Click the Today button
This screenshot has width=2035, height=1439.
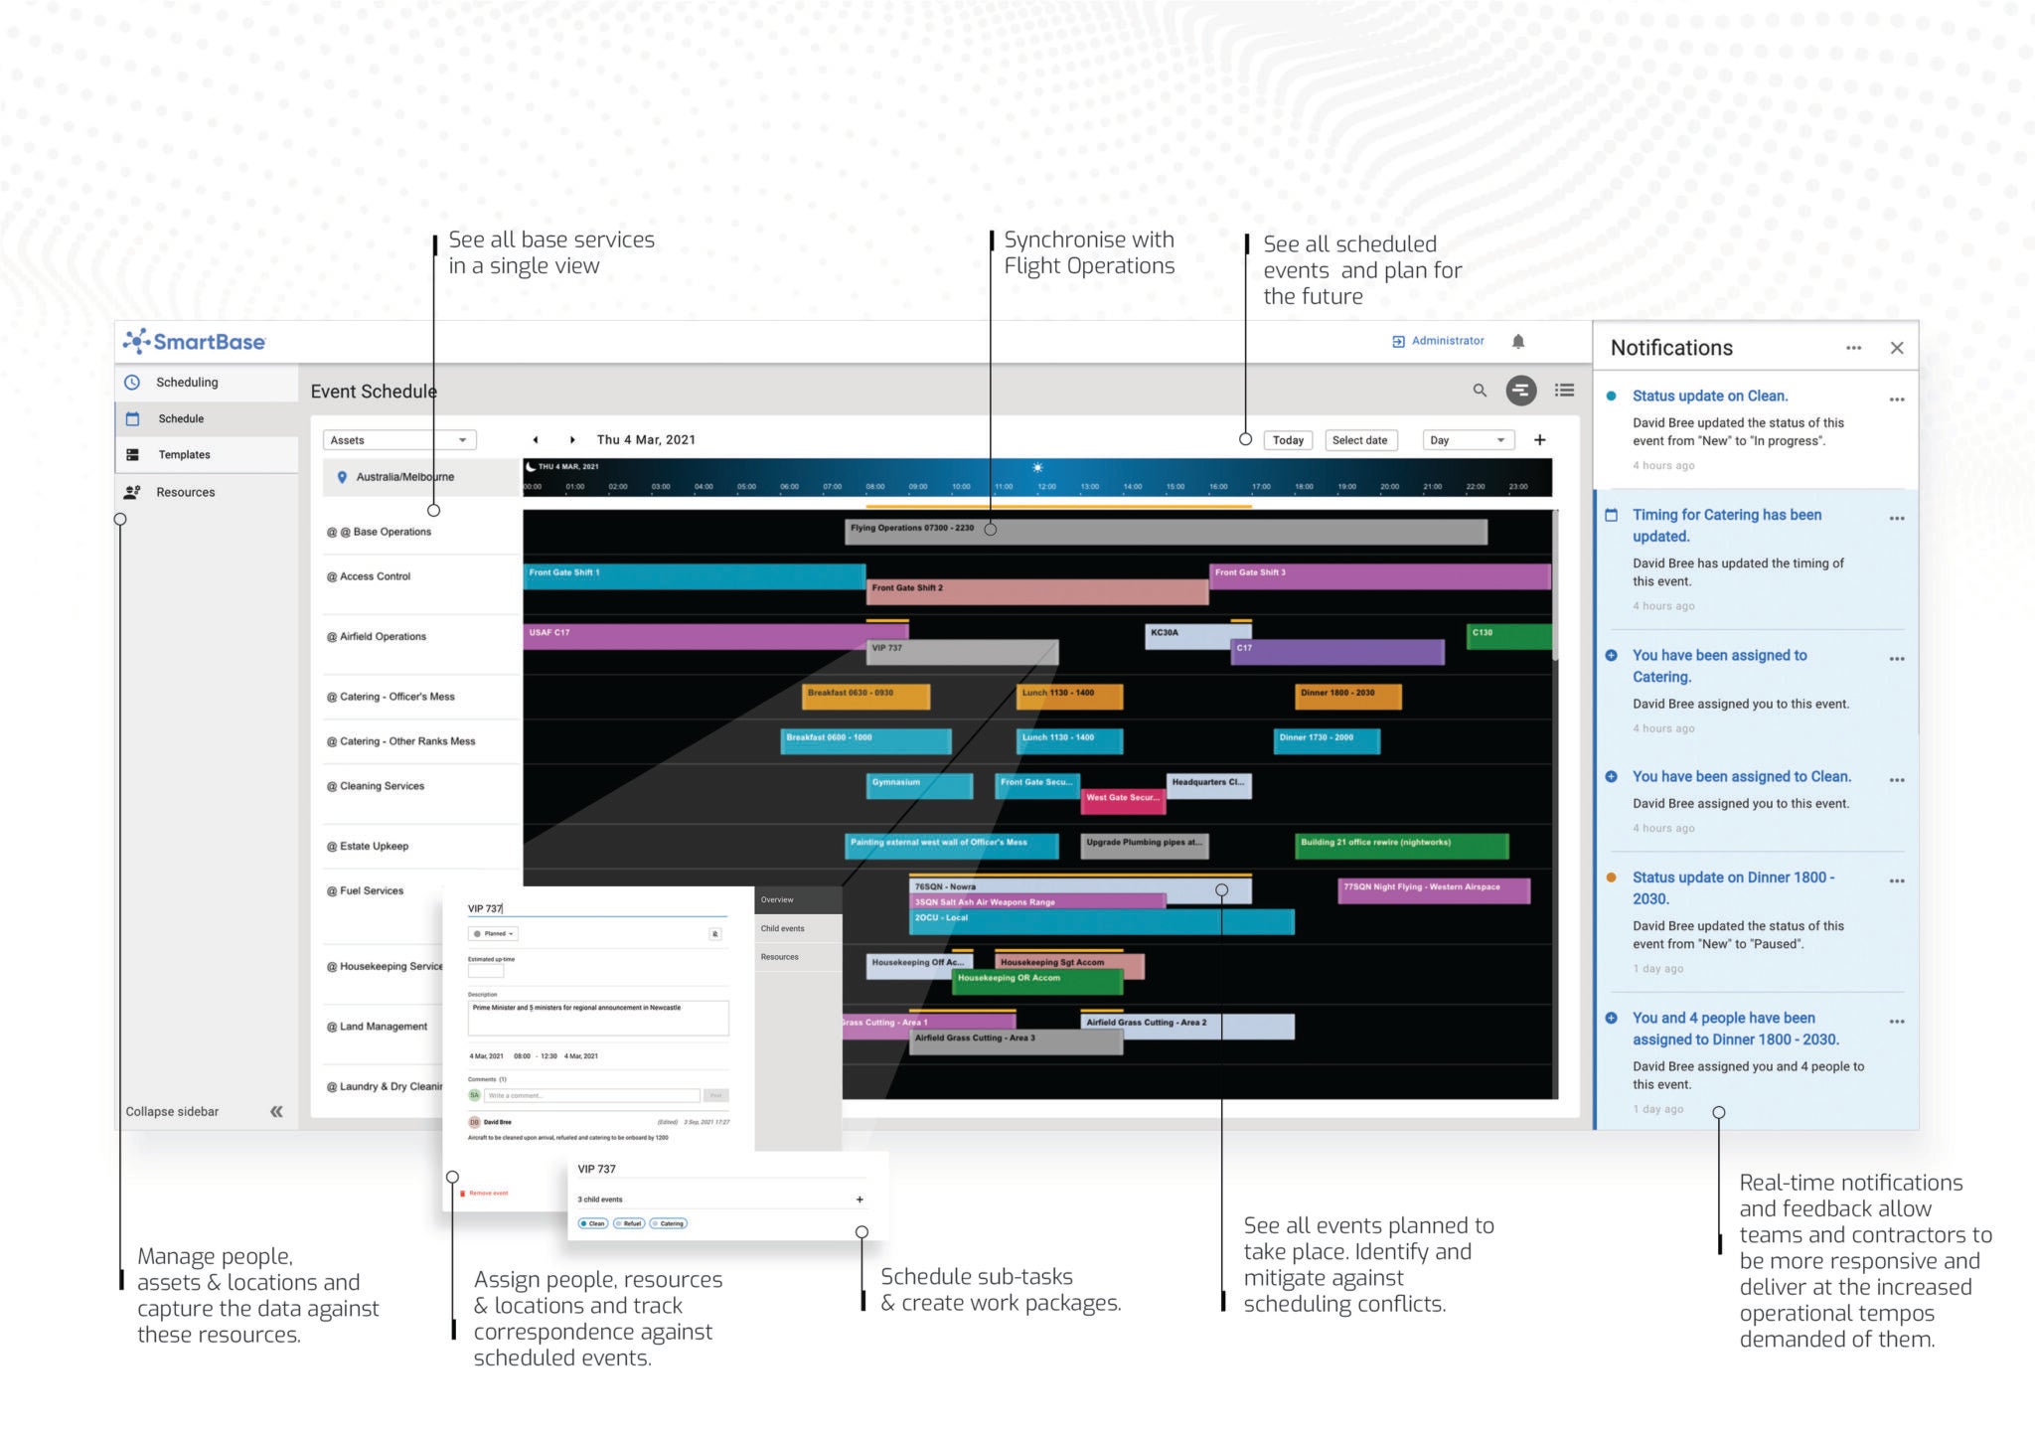1288,440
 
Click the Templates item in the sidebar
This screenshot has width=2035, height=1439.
184,455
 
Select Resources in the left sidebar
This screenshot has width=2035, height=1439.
185,492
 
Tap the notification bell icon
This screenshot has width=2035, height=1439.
1518,342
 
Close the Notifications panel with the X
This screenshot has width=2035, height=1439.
1897,348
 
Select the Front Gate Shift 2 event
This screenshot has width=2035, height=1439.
1036,591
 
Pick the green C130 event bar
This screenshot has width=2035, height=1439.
1508,636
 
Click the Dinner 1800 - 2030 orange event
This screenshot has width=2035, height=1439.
1347,696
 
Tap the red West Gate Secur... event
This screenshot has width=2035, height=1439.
1123,800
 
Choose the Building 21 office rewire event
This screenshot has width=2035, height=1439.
1401,845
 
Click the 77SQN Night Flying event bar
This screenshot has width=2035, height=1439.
1433,889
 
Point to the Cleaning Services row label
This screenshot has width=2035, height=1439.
382,786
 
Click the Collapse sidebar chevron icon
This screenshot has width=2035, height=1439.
276,1112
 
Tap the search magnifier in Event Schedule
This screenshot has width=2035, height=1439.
1480,391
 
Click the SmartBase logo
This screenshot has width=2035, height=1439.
195,342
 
